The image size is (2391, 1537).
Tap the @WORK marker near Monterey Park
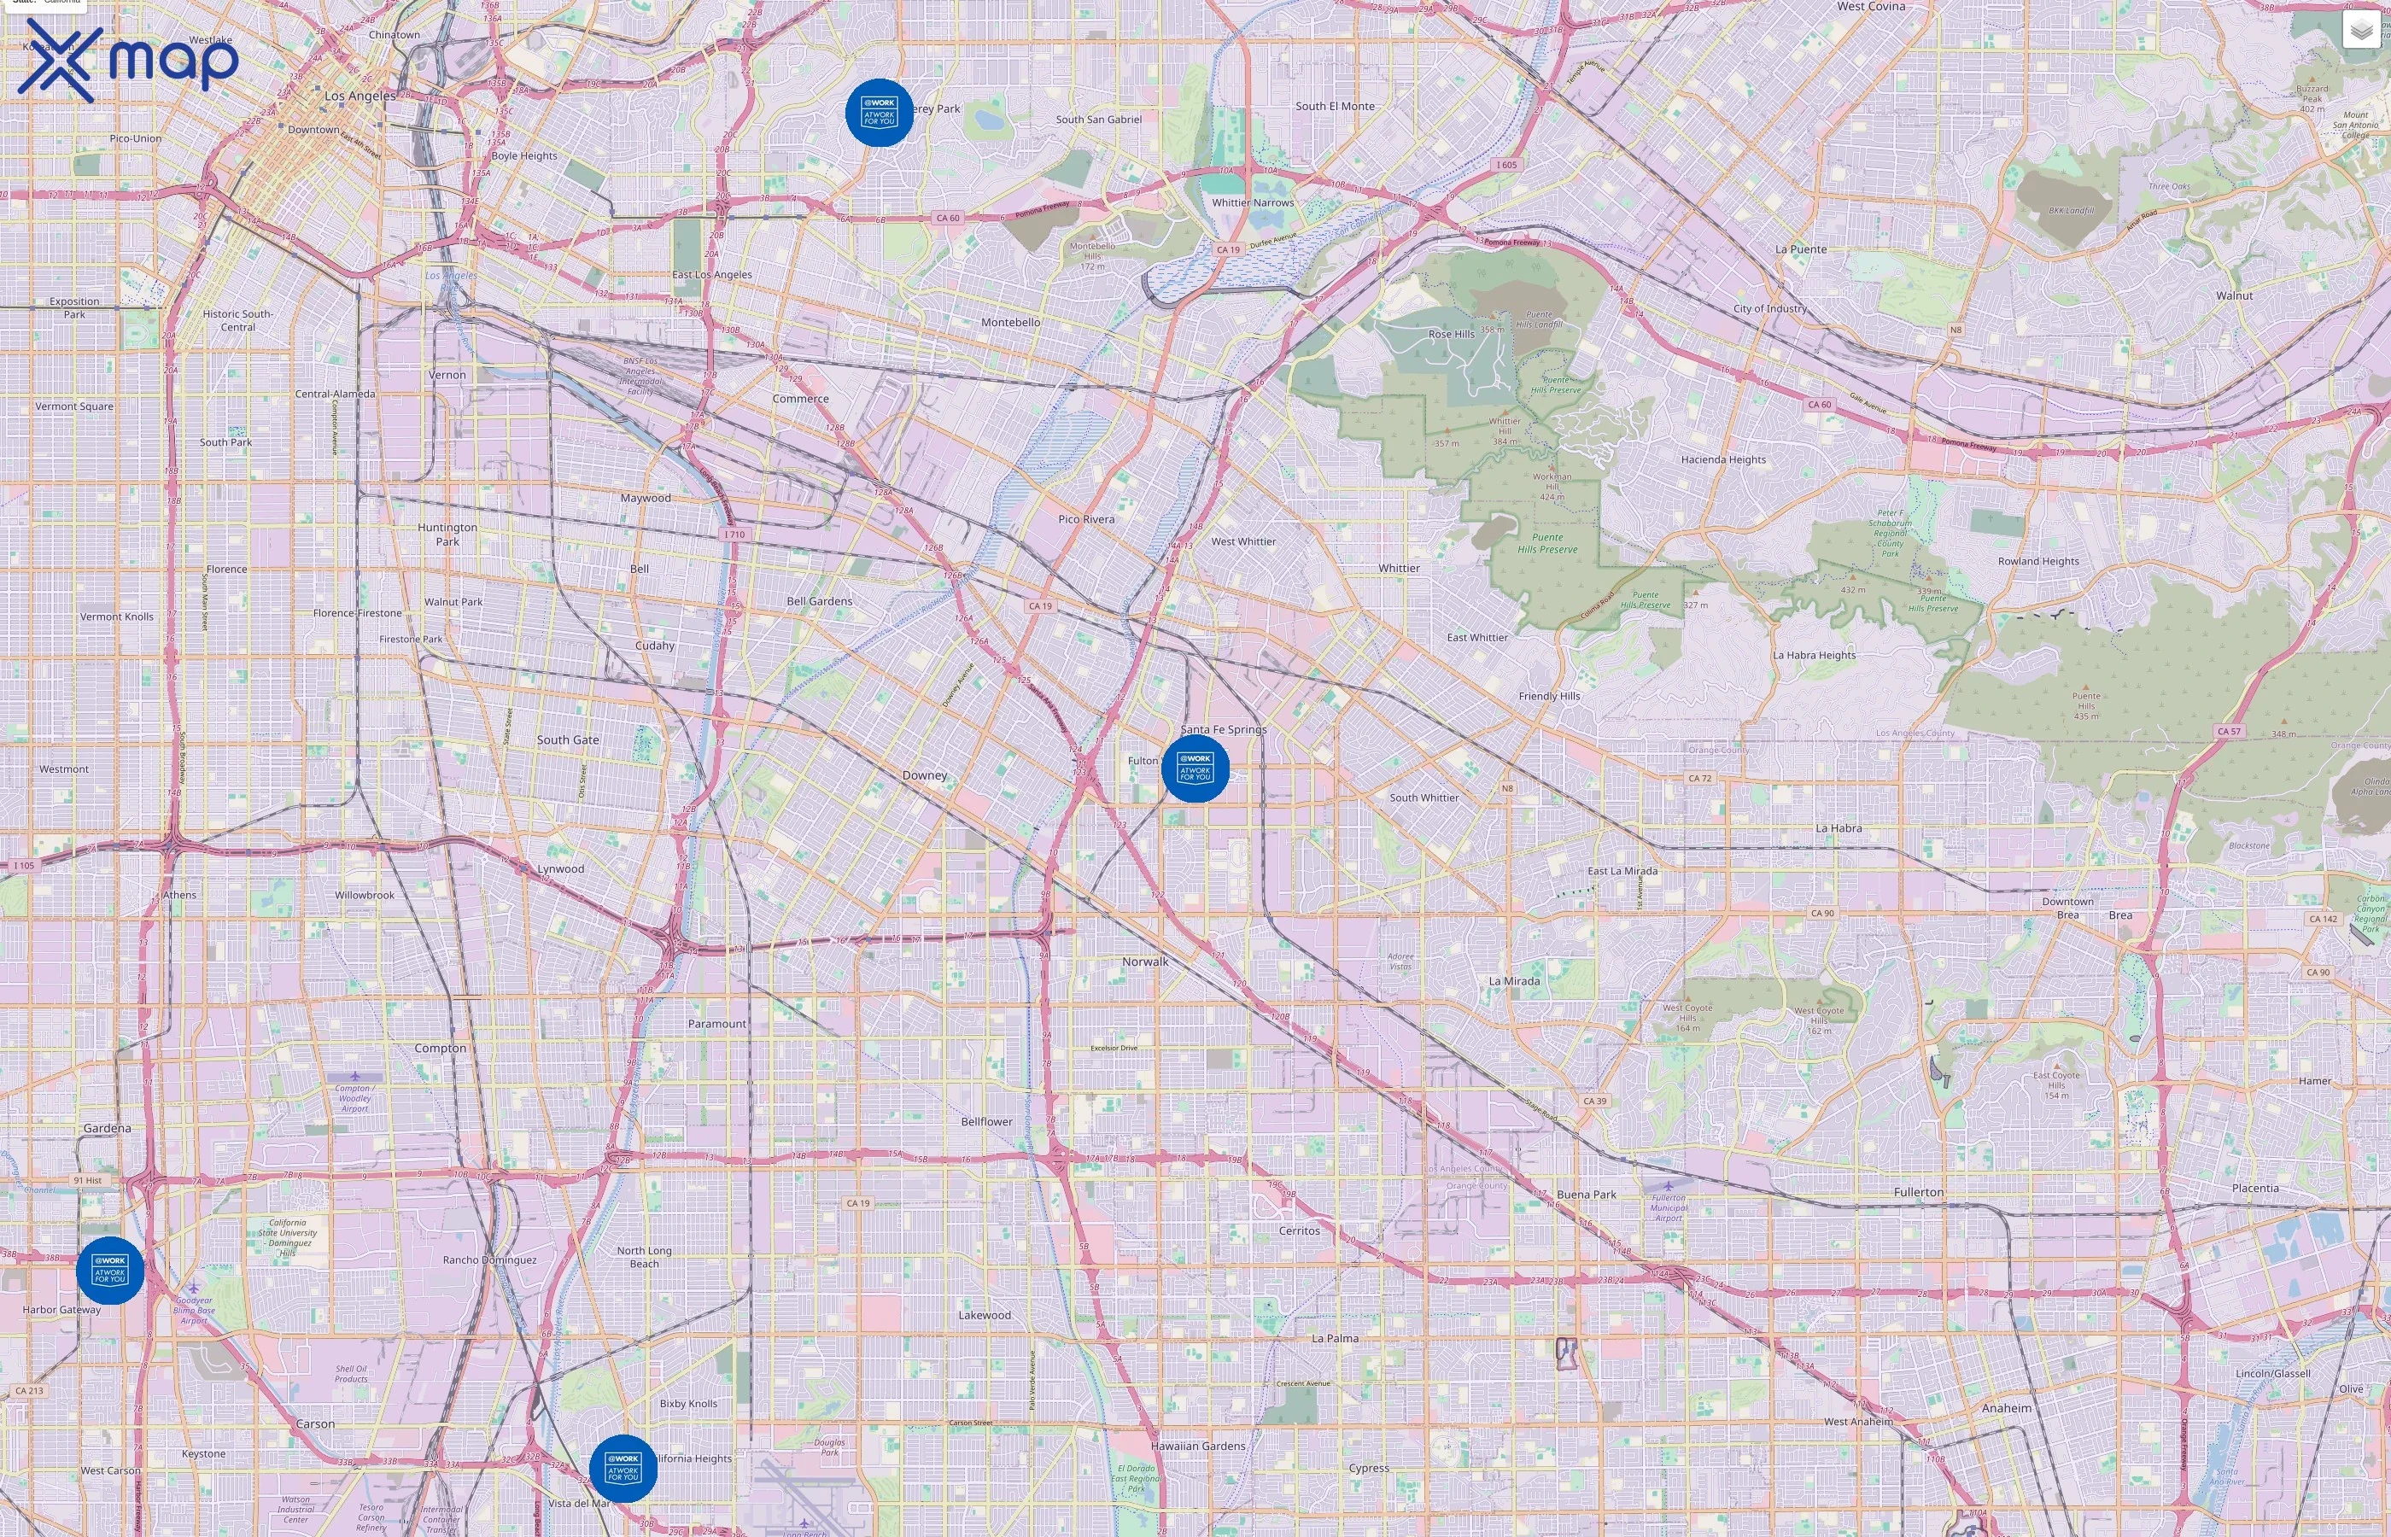(878, 113)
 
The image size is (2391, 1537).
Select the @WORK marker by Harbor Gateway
(110, 1270)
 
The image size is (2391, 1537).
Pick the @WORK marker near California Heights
(623, 1467)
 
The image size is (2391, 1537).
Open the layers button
(2360, 30)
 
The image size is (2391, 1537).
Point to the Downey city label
(924, 775)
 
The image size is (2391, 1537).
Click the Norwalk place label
(1144, 962)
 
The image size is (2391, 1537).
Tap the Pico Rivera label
(1085, 519)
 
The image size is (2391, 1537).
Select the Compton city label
(440, 1048)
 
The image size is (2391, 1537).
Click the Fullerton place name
(1918, 1192)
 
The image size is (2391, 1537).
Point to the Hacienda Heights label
(1722, 460)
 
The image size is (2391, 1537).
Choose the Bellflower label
(986, 1122)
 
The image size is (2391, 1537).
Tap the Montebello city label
(1010, 323)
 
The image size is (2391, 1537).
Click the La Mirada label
(1514, 981)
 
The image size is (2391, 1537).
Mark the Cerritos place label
(1300, 1230)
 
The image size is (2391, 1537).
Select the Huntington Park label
(447, 534)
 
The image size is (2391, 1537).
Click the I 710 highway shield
(734, 534)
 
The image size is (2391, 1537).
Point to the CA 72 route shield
(1699, 778)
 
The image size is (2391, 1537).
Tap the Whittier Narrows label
(1253, 202)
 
